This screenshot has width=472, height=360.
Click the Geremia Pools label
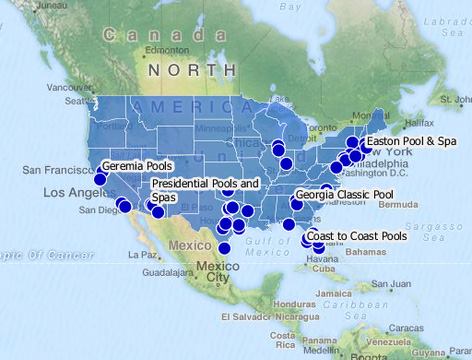[x=137, y=166]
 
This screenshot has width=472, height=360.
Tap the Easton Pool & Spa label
[x=411, y=142]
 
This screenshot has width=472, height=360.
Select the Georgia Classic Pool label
[x=345, y=194]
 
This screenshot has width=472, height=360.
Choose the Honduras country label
[x=283, y=304]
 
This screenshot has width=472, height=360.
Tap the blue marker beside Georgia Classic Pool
[x=296, y=204]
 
